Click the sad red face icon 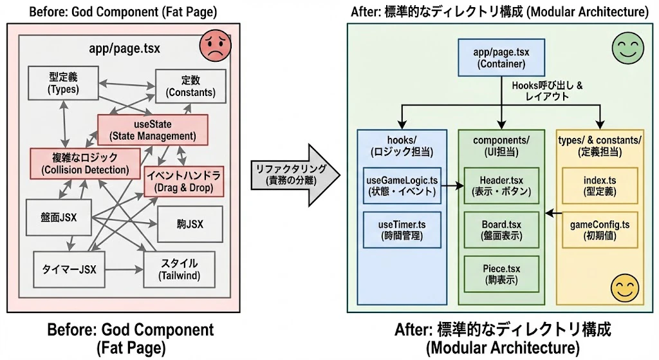[x=215, y=45]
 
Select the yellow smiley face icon [x=625, y=288]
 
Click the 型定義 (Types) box [x=64, y=83]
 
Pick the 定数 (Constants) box [x=190, y=86]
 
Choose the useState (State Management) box [x=153, y=130]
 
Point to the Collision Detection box [x=86, y=164]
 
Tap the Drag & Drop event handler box [x=183, y=182]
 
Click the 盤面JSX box [x=59, y=218]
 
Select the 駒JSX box [x=190, y=224]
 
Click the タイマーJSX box [x=69, y=270]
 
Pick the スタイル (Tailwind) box [x=179, y=270]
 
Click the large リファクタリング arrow [x=295, y=175]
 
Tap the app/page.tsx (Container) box [x=501, y=57]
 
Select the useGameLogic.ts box [x=402, y=186]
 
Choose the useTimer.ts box [x=402, y=230]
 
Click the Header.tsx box [x=501, y=186]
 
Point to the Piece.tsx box [x=501, y=274]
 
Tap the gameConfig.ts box [x=600, y=230]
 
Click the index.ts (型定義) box [x=600, y=186]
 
